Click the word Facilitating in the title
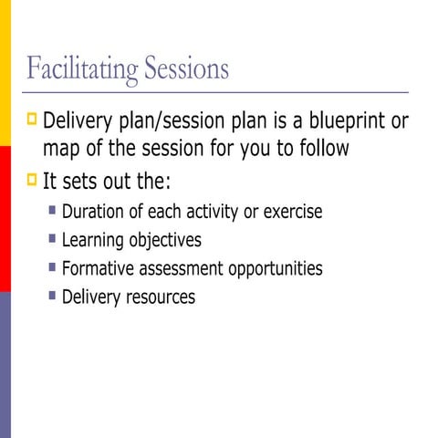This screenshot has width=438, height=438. pos(80,69)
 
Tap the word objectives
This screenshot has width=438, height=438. pos(167,241)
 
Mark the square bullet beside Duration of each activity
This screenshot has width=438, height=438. pos(53,211)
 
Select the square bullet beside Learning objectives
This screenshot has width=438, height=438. pos(53,239)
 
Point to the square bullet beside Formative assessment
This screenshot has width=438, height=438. pos(53,267)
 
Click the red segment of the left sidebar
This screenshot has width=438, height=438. pos(5,219)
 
